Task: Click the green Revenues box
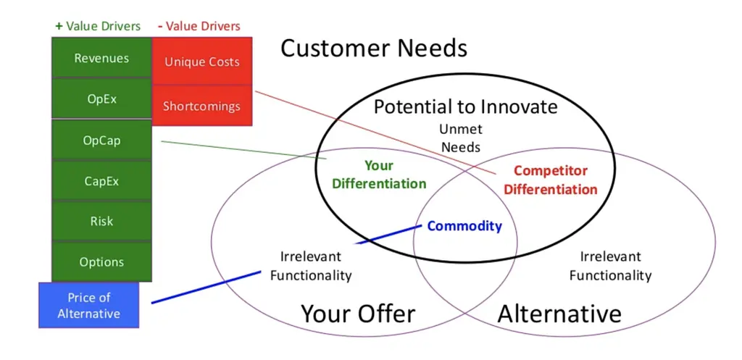click(101, 58)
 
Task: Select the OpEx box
click(101, 99)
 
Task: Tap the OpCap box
click(101, 140)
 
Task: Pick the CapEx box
click(101, 180)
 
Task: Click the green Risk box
click(101, 221)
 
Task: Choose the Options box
click(101, 261)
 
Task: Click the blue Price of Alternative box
click(89, 305)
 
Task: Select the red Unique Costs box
click(202, 62)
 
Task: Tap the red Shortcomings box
click(202, 106)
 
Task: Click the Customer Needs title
click(374, 49)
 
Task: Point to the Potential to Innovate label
click(466, 107)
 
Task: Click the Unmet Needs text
click(461, 138)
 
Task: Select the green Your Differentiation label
click(379, 175)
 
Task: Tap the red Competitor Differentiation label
click(551, 180)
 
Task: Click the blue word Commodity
click(464, 226)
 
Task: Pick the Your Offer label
click(358, 313)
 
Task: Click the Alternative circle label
click(559, 314)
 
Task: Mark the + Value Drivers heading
click(98, 26)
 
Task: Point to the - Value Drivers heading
click(199, 25)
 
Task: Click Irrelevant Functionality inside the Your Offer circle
click(311, 266)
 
